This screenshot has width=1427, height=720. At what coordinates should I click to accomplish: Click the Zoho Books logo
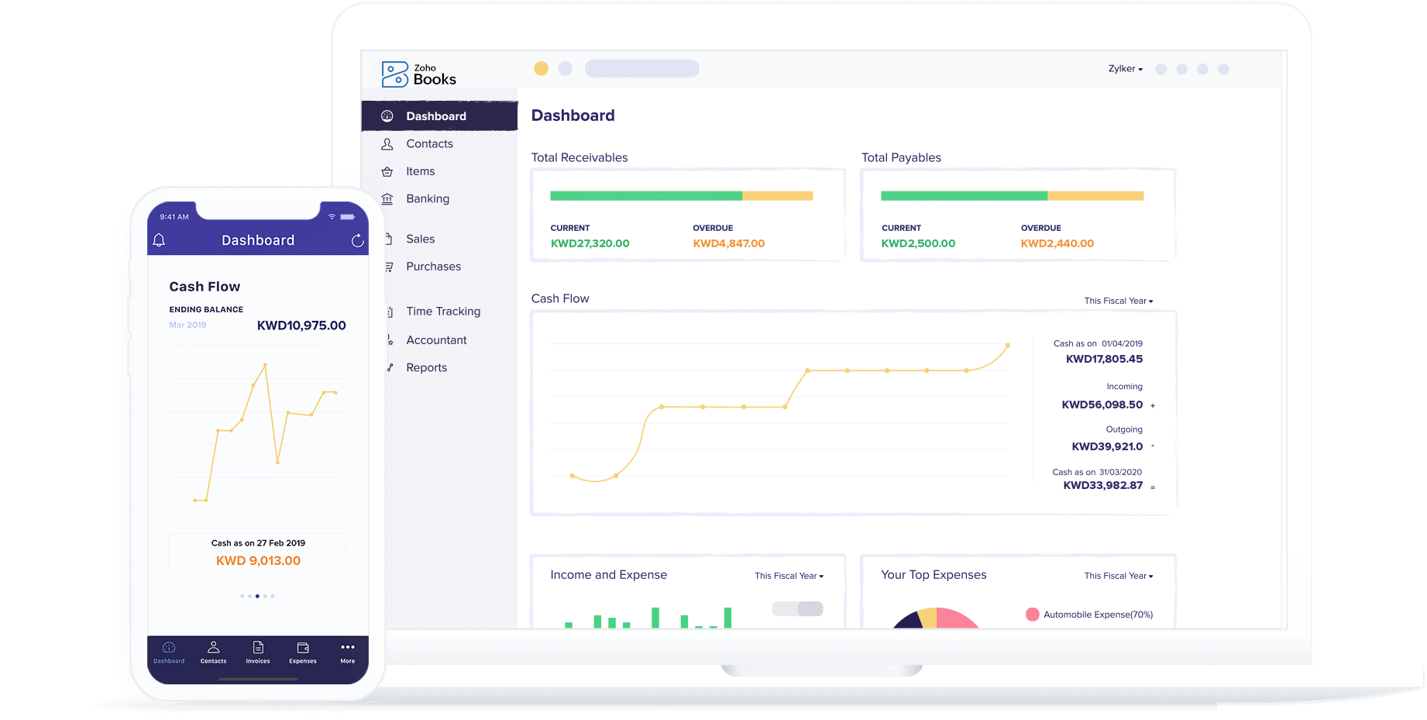tap(418, 74)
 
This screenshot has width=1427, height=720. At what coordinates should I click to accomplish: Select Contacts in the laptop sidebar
tap(429, 144)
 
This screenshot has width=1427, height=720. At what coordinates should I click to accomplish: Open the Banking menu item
tap(427, 199)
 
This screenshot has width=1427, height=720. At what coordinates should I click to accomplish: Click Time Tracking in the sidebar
tap(442, 312)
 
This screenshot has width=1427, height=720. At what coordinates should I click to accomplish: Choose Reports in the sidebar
tap(426, 368)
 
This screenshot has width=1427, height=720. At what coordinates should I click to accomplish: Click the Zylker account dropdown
tap(1125, 69)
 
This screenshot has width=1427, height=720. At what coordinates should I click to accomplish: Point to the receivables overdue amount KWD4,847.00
tap(728, 243)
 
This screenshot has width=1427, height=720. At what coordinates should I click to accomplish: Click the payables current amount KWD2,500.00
tap(918, 243)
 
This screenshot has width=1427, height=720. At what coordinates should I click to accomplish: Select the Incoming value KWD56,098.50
tap(1102, 405)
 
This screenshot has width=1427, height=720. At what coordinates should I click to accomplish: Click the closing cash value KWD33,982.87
tap(1102, 486)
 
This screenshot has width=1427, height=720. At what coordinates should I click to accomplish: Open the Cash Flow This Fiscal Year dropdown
tap(1118, 301)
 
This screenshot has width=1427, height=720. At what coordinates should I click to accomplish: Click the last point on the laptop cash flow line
tap(1007, 346)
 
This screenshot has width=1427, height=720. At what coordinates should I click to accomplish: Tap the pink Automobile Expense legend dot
tap(1032, 615)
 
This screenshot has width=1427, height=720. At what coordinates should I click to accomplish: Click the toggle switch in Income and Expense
tap(797, 609)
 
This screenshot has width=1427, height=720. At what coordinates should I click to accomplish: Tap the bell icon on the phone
tap(159, 240)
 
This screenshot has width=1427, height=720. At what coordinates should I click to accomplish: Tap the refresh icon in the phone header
tap(357, 241)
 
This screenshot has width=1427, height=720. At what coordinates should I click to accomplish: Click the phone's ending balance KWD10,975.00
tap(301, 326)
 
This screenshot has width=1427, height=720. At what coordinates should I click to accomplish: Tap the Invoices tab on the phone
tap(258, 652)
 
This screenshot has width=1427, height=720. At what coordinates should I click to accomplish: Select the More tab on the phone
tap(348, 652)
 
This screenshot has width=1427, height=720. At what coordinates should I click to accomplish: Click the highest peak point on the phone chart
tap(265, 364)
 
